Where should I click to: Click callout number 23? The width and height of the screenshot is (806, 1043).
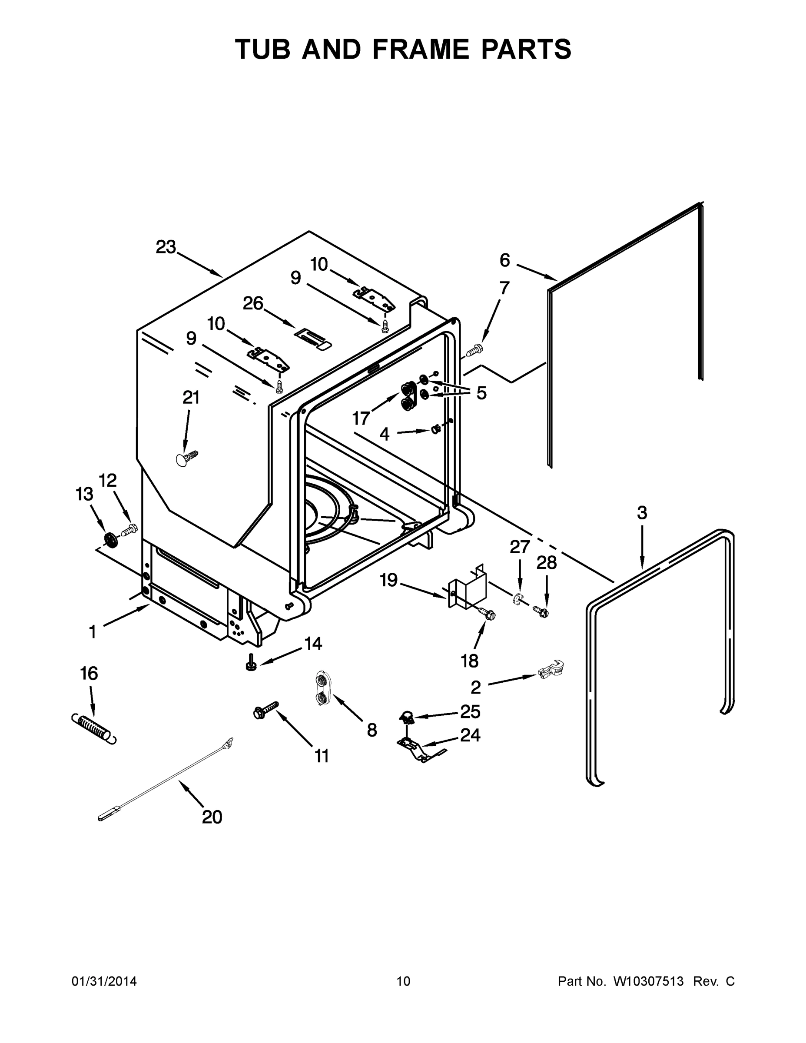click(x=166, y=247)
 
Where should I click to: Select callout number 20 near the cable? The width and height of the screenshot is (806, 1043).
click(x=212, y=817)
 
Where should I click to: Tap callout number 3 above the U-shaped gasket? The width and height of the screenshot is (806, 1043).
click(x=642, y=513)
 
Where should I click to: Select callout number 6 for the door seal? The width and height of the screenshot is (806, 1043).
click(x=505, y=260)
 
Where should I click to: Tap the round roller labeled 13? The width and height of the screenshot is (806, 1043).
click(x=111, y=540)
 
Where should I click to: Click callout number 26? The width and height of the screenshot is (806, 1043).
click(x=252, y=303)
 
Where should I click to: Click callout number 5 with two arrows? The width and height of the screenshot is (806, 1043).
click(x=481, y=393)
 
